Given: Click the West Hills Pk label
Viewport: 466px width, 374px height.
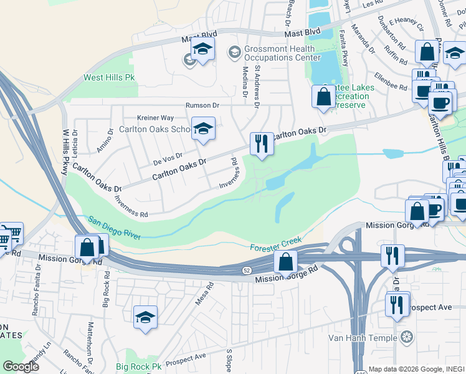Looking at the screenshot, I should pyautogui.click(x=109, y=78).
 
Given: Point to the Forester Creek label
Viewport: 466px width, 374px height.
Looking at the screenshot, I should pyautogui.click(x=277, y=244).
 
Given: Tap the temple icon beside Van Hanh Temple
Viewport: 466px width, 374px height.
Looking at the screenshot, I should pyautogui.click(x=407, y=338).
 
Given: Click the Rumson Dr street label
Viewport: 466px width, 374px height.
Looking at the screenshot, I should pyautogui.click(x=203, y=105).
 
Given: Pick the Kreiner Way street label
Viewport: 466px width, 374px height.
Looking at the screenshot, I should pyautogui.click(x=156, y=118).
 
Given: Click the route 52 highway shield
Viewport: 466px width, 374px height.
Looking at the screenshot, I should pyautogui.click(x=246, y=269).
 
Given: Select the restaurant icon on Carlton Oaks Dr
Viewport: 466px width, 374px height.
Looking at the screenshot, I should pyautogui.click(x=261, y=144).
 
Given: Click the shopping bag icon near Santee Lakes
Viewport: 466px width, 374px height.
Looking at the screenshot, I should pyautogui.click(x=323, y=96).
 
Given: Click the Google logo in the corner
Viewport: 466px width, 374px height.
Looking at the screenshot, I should pyautogui.click(x=21, y=367).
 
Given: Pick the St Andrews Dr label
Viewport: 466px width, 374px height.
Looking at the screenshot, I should pyautogui.click(x=255, y=86).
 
